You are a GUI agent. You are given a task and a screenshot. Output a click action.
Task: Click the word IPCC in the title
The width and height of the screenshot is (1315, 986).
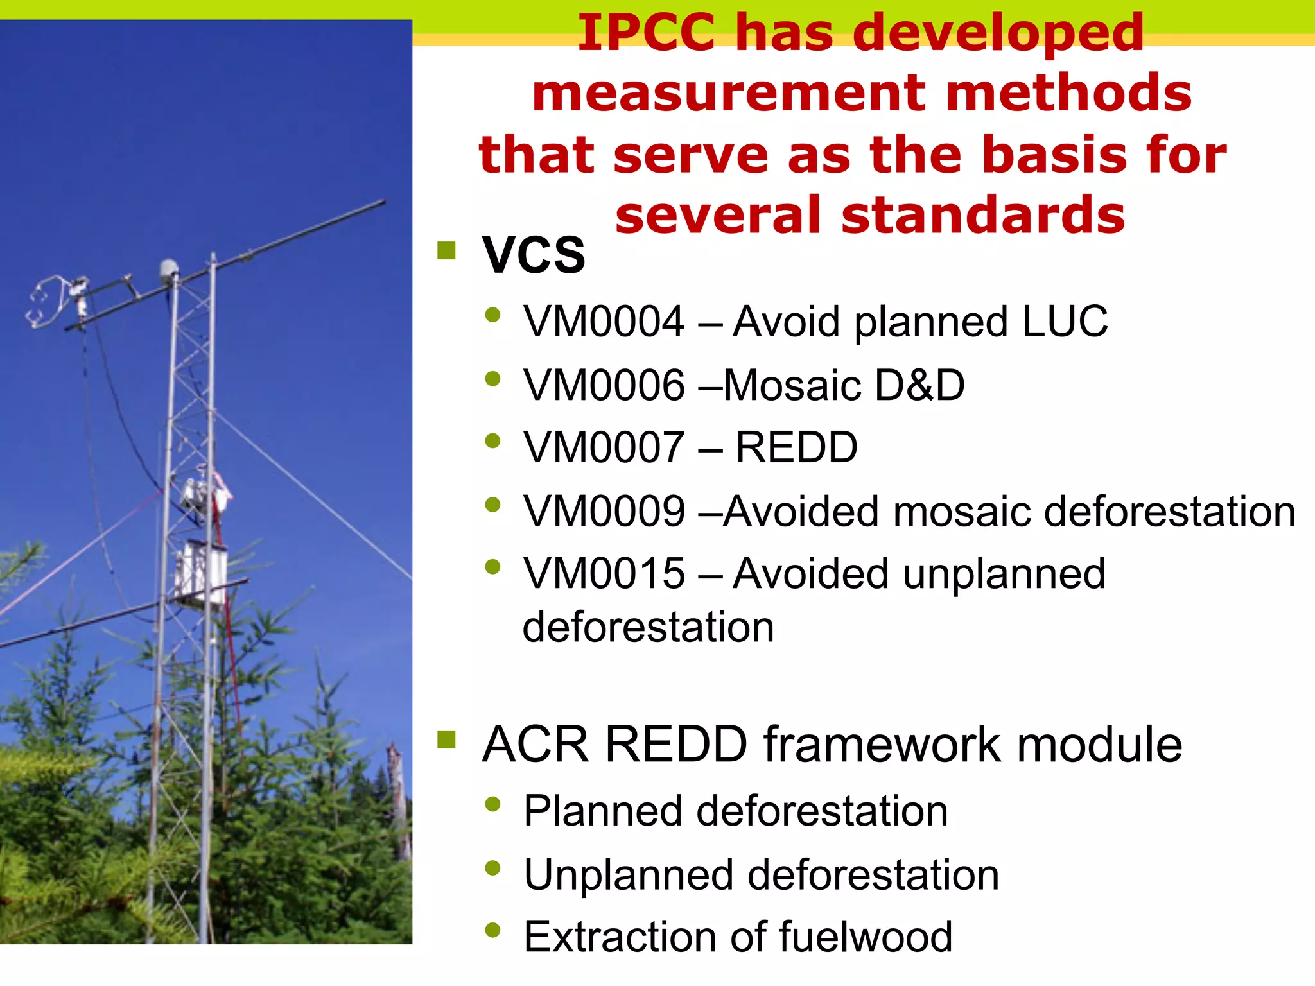646,33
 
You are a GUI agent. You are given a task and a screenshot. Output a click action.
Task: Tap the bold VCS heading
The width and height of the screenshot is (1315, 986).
534,255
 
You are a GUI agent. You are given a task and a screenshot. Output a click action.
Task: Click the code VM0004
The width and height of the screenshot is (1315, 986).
604,321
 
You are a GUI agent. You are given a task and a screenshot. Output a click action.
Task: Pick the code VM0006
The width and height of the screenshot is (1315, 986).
604,385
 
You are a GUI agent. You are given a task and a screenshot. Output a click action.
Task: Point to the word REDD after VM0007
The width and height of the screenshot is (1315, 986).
796,447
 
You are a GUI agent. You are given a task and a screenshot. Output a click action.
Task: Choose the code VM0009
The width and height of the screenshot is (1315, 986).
604,512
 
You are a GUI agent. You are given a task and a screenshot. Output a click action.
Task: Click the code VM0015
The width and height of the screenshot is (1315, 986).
604,573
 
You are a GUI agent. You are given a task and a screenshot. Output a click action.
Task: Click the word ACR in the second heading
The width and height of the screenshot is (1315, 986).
535,745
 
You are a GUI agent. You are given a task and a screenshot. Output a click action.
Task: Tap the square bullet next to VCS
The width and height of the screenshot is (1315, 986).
446,250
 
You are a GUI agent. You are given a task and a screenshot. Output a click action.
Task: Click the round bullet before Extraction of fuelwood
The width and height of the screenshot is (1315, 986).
492,930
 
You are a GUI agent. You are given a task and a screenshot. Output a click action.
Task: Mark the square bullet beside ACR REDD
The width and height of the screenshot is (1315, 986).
446,739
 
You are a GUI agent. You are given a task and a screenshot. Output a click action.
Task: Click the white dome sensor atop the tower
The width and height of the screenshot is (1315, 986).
169,268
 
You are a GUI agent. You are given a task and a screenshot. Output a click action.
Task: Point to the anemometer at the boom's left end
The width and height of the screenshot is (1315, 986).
48,302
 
